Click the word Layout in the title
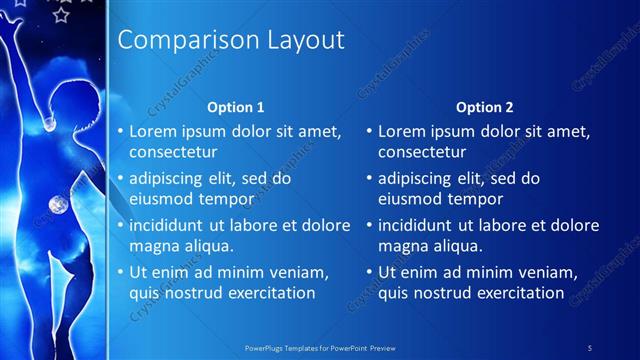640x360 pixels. (305, 40)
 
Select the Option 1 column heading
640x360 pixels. (236, 107)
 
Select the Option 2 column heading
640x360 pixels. (485, 107)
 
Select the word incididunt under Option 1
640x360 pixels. (171, 225)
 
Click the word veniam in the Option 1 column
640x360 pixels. (295, 272)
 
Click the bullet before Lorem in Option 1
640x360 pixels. (120, 132)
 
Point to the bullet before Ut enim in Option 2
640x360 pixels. (369, 272)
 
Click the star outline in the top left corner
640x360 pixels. (61, 15)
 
